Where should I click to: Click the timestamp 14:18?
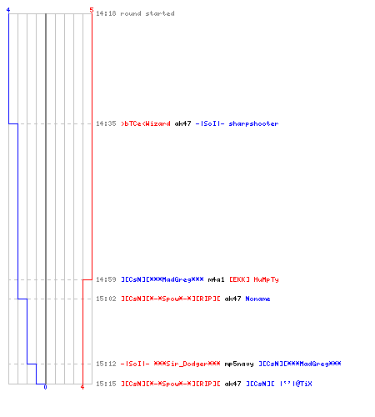106,13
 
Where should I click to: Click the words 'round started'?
147,13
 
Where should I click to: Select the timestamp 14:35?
106,123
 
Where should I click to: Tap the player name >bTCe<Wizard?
146,123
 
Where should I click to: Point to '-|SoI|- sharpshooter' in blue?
237,123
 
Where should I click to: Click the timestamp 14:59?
106,279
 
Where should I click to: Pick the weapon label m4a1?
216,279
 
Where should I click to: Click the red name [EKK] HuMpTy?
254,279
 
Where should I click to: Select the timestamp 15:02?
106,299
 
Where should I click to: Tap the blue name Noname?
257,299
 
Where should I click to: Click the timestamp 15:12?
106,364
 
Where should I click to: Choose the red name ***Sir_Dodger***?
187,364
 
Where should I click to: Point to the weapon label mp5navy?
239,364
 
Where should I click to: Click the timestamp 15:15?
106,384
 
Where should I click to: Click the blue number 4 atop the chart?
8,10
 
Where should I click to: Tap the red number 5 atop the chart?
92,10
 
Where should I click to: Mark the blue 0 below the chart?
45,387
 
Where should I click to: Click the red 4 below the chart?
82,387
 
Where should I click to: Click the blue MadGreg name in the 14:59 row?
162,279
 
